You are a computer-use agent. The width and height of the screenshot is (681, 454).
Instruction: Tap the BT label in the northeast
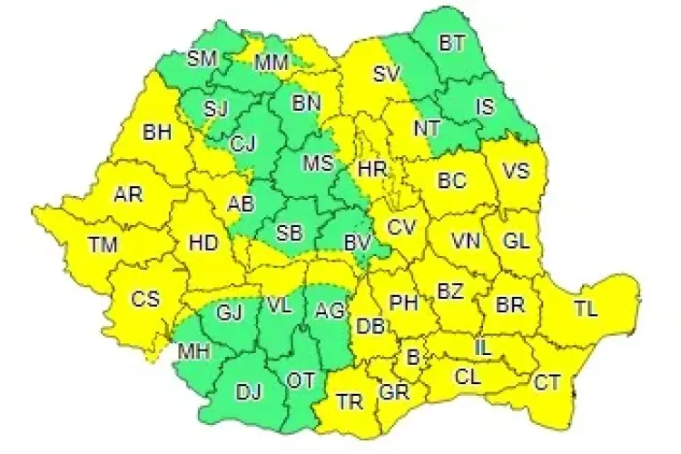point(450,42)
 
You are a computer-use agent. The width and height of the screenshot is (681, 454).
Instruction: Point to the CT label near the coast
point(547,382)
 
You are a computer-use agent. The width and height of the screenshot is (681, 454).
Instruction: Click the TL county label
point(586,309)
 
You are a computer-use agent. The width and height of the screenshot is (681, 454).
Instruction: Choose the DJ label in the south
point(248,392)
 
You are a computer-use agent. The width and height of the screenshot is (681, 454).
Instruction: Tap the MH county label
point(192,350)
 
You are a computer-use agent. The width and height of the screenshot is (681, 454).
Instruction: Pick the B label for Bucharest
point(412,359)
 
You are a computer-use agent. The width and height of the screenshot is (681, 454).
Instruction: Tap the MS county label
point(317,163)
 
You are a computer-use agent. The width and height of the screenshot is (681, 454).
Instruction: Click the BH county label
point(157,133)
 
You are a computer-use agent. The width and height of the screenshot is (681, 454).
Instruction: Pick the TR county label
point(350,400)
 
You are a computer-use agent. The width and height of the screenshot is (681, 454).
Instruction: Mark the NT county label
point(427,128)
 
